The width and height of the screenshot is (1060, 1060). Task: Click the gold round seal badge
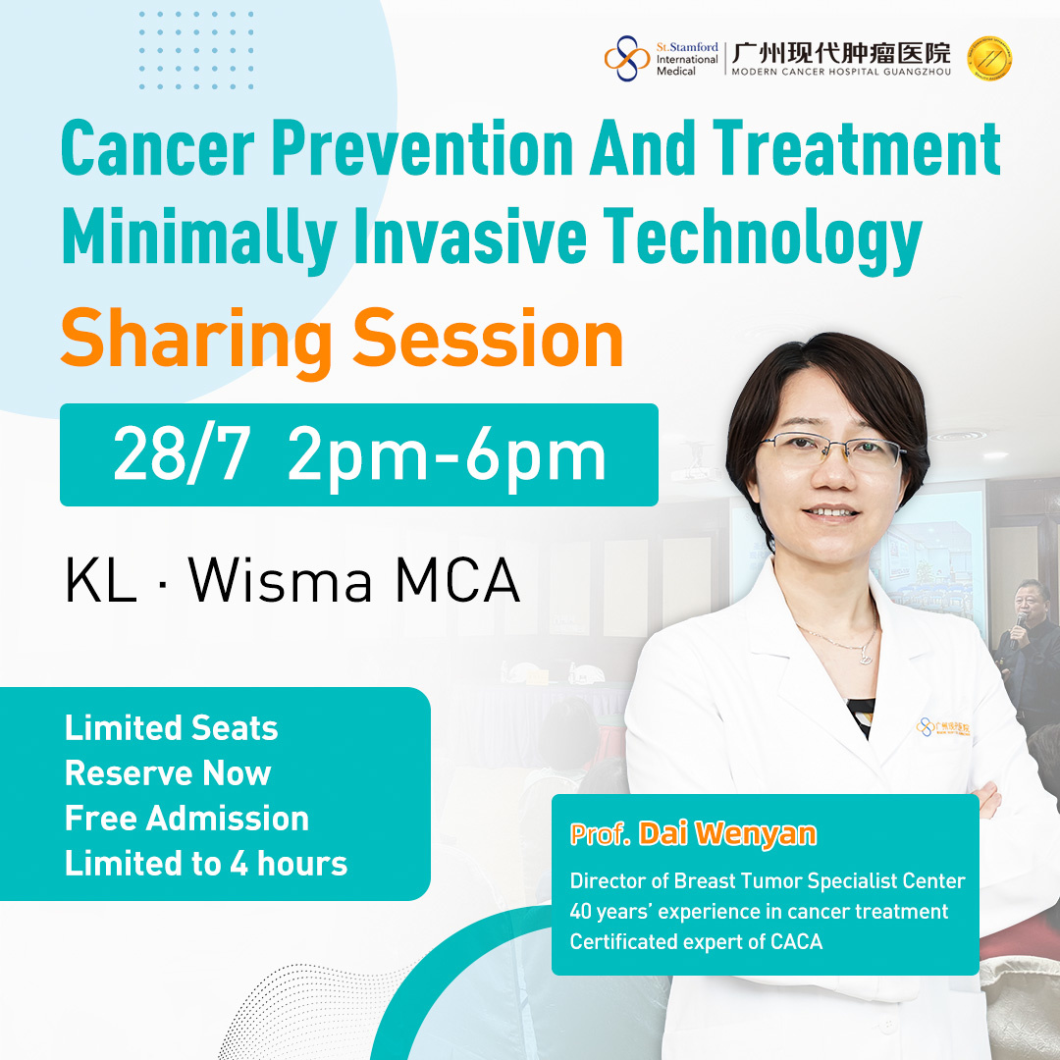(x=989, y=58)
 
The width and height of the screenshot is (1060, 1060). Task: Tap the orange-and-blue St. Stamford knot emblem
(x=626, y=58)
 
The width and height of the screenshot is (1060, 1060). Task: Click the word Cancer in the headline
(x=157, y=148)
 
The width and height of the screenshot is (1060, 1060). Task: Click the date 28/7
(x=182, y=454)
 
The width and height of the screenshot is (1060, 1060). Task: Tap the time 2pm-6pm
(x=447, y=456)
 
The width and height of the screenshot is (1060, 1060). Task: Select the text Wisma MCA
(x=354, y=580)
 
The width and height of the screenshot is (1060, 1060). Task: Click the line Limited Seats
(x=172, y=728)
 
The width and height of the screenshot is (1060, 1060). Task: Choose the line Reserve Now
(x=168, y=772)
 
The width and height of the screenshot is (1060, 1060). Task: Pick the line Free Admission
(x=186, y=818)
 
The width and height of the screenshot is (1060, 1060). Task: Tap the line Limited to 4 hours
(x=206, y=864)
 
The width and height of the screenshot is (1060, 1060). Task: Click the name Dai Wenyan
(x=727, y=835)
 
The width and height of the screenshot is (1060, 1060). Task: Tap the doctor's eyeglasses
(x=830, y=450)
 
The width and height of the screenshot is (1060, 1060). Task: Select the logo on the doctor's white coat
(x=943, y=727)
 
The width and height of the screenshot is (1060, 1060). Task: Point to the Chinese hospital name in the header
(x=841, y=52)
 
